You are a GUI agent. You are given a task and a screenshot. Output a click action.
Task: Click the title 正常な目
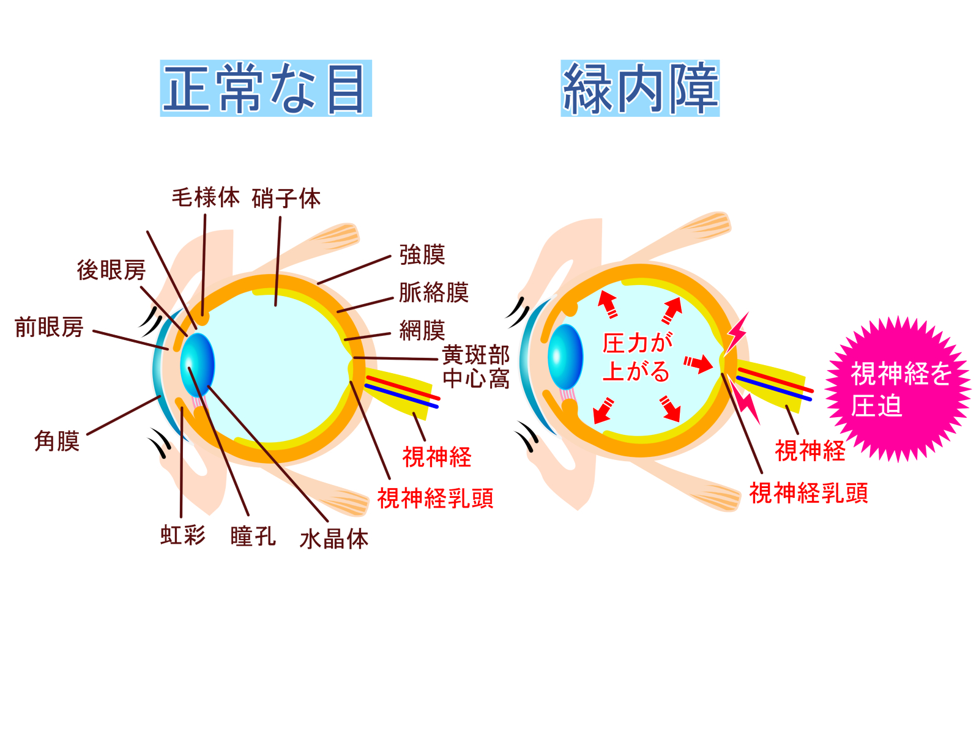tap(266, 88)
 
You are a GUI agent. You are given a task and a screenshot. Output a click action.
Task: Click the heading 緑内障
tap(639, 88)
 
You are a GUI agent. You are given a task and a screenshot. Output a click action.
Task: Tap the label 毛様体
tap(206, 198)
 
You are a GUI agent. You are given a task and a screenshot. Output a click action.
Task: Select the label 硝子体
tap(286, 198)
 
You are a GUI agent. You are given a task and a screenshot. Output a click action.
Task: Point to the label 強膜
tap(422, 254)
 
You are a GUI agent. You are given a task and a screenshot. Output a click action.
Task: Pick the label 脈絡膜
tap(434, 292)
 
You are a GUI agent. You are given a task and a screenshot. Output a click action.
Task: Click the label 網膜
tap(422, 330)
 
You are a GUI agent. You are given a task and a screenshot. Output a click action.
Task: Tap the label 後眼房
tap(111, 270)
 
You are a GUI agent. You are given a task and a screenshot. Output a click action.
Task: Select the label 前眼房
tap(49, 327)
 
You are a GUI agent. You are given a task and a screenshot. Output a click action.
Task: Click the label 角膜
tap(57, 441)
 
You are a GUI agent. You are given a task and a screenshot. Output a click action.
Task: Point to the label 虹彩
tap(183, 535)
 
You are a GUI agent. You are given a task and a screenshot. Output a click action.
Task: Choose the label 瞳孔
tap(253, 536)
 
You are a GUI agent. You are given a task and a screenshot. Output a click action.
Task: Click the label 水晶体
tap(334, 539)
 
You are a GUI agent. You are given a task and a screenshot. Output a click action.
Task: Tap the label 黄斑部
tap(475, 355)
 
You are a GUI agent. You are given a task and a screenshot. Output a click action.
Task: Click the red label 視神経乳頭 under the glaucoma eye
tap(808, 493)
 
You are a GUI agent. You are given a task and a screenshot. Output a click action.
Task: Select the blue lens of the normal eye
tap(197, 365)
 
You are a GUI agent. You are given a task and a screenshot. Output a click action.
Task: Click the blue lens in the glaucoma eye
tap(565, 357)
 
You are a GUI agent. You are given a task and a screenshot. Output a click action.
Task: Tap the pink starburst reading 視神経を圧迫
tap(898, 388)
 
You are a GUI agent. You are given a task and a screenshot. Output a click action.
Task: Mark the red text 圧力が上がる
tap(636, 357)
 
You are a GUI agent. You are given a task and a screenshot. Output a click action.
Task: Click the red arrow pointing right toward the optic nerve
tap(698, 363)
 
